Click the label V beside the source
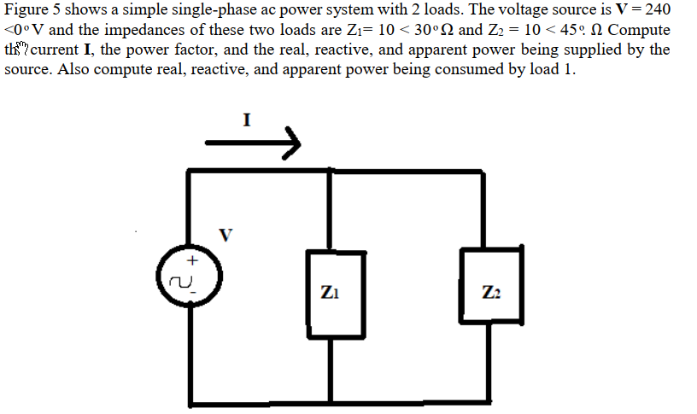pos(225,235)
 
